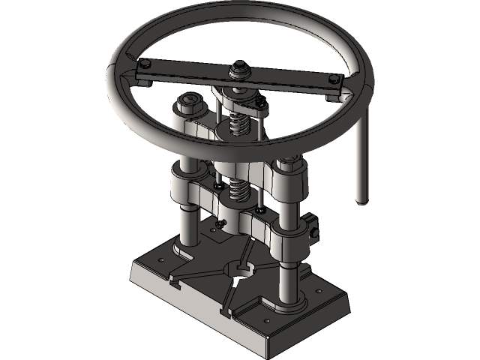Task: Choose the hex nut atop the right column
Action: pos(291,159)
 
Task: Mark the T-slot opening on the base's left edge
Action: pos(175,283)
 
